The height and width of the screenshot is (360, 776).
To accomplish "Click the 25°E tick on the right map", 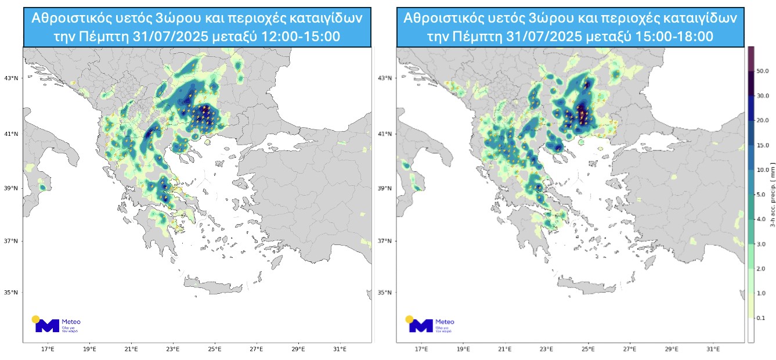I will (589, 350).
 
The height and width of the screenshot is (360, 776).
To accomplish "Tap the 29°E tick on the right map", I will (672, 350).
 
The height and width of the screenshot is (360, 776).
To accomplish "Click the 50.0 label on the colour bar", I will (762, 71).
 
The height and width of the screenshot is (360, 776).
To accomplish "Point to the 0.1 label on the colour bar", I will (762, 318).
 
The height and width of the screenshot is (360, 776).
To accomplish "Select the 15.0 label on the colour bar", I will (762, 145).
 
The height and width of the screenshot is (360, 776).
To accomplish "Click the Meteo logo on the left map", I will (56, 325).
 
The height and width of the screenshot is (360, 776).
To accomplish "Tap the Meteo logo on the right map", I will (430, 325).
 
